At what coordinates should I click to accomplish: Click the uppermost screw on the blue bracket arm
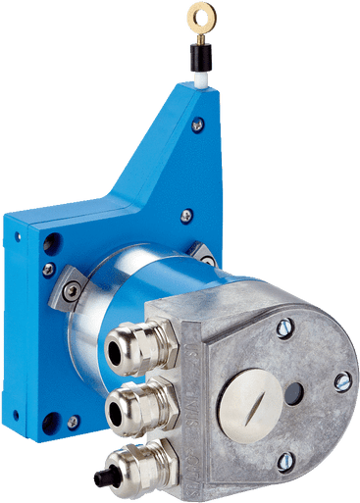click(199, 125)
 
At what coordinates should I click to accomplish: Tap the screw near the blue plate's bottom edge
click(72, 421)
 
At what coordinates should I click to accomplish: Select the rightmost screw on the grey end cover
click(341, 381)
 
